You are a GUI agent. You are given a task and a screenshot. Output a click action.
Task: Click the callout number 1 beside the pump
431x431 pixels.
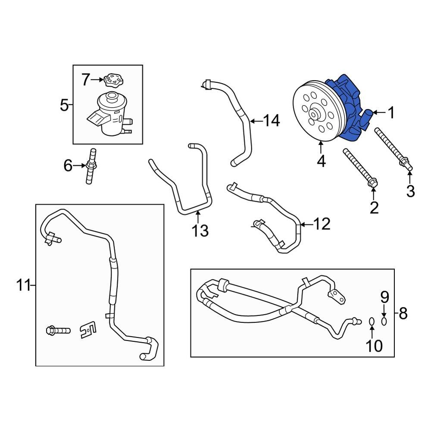coord(391,113)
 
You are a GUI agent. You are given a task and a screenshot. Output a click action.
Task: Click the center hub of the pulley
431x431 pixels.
coord(315,114)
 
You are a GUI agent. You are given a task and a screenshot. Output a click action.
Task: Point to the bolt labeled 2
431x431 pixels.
coord(359,168)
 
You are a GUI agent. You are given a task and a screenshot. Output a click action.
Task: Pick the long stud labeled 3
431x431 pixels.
coord(394,149)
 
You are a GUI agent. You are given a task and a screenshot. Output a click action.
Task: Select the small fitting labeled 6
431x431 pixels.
coord(91,166)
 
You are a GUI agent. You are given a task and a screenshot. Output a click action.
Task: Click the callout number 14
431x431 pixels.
coord(272,121)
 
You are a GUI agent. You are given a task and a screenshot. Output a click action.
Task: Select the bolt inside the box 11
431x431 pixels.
coord(58,331)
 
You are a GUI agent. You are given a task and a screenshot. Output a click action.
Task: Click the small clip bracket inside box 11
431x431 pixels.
coord(88,330)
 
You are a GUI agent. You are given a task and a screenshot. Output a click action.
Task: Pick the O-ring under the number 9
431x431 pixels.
coord(384,321)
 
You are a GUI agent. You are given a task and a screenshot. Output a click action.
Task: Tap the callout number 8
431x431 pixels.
coord(403,313)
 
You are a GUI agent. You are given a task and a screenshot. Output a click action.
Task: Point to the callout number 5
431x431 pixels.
coord(64,105)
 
